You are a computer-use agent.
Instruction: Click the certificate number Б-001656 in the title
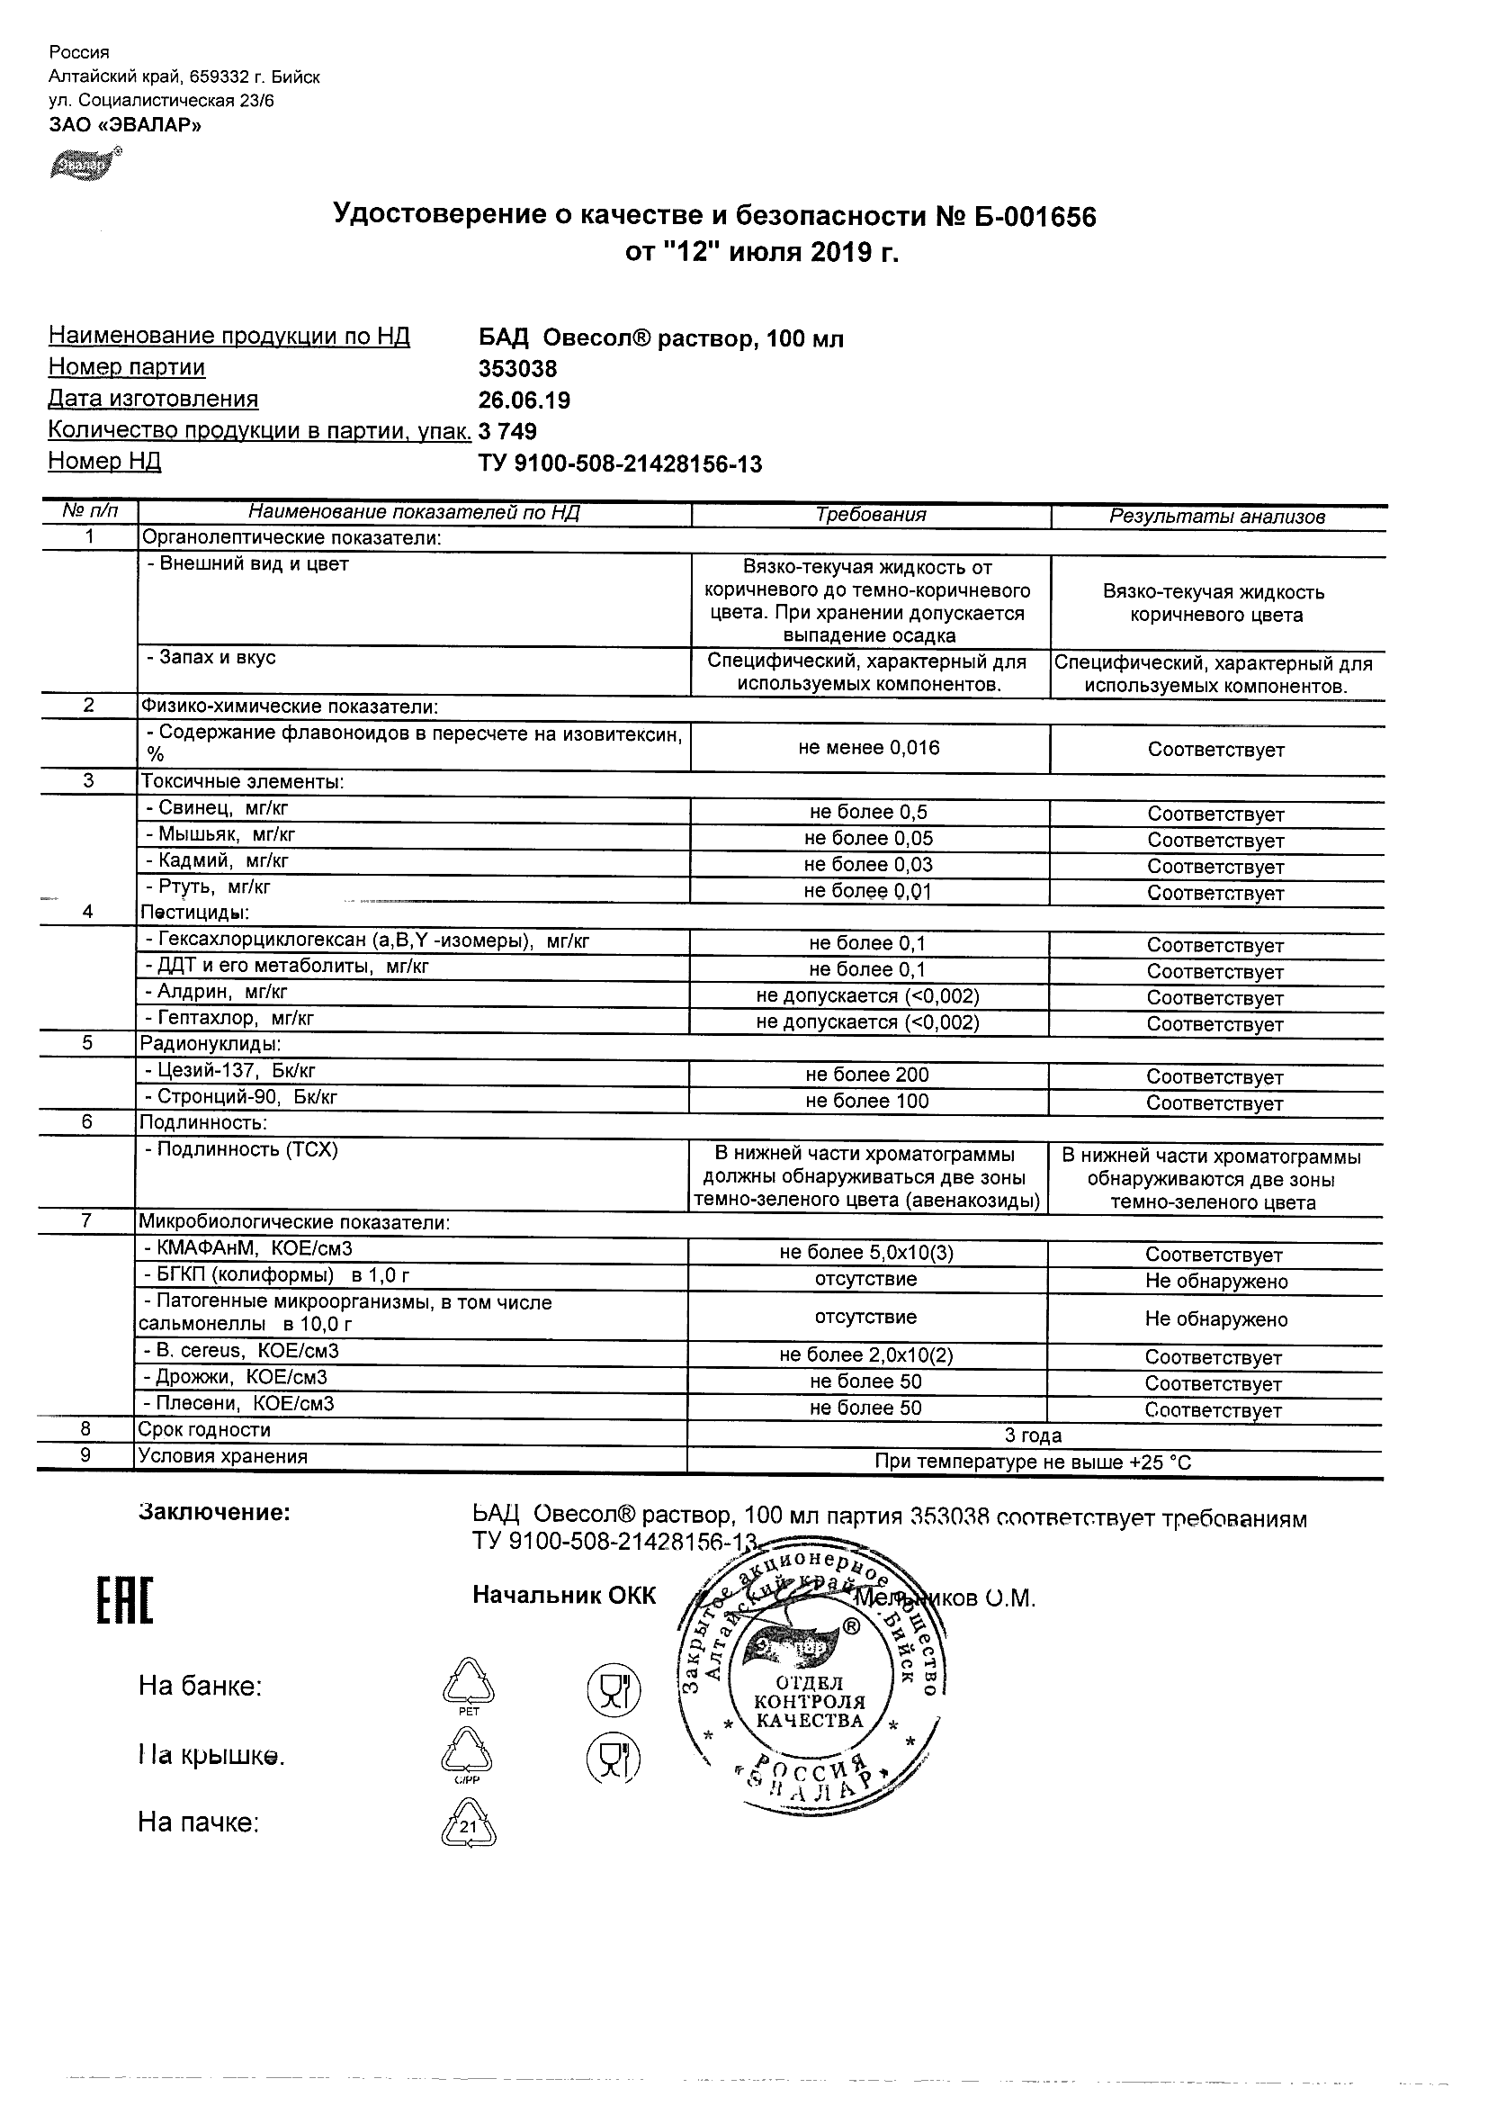[x=1027, y=217]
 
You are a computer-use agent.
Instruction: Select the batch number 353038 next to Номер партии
[x=517, y=369]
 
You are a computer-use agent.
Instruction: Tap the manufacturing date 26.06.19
[x=524, y=400]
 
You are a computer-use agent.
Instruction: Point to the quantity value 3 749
[x=508, y=431]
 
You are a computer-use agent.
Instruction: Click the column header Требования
[x=870, y=515]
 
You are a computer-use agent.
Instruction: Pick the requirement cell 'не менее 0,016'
[x=868, y=748]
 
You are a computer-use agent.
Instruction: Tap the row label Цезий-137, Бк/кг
[x=236, y=1070]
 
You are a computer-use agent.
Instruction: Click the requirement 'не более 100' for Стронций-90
[x=866, y=1101]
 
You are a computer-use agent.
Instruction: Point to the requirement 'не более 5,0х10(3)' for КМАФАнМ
[x=866, y=1253]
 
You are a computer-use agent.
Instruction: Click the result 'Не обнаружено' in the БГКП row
[x=1215, y=1282]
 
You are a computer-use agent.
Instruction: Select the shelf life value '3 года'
[x=1033, y=1435]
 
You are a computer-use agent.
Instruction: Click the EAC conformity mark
[x=125, y=1600]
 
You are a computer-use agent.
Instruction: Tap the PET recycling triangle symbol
[x=468, y=1684]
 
